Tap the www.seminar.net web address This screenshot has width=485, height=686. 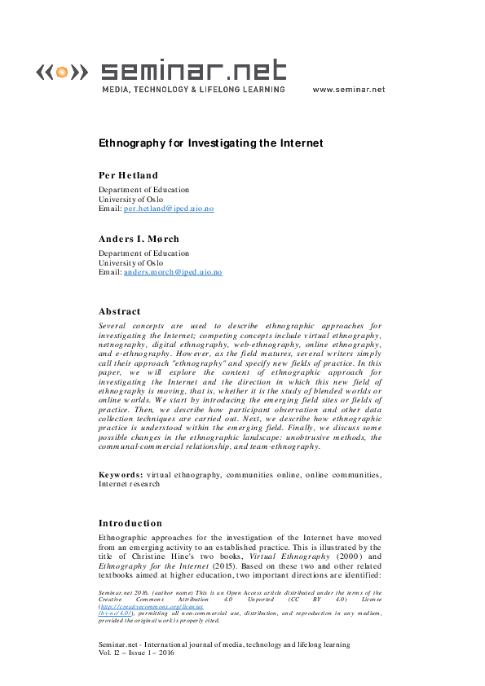pos(348,90)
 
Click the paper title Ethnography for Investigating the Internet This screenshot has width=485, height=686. pos(210,143)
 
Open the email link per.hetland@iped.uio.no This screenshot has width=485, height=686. pos(168,209)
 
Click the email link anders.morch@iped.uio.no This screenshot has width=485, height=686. pos(172,272)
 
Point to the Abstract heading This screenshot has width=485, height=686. pos(119,311)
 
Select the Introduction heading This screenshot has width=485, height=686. pos(130,523)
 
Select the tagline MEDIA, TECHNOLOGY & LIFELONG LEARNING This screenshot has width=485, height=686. pos(192,90)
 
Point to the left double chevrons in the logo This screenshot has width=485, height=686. pos(44,73)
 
